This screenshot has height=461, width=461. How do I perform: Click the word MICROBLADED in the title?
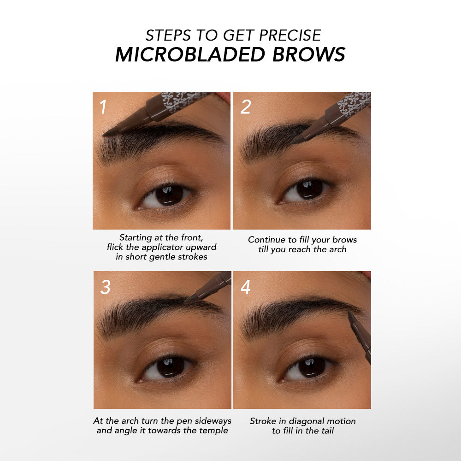coord(190,54)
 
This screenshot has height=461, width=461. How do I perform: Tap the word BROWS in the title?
coord(309,54)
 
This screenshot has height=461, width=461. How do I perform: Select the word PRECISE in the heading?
coord(290,35)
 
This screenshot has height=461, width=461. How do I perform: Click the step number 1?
coord(103,106)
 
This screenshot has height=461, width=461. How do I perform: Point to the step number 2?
coord(246,106)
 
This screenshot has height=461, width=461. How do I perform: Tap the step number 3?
coord(105,287)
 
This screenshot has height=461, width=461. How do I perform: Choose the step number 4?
coord(246,287)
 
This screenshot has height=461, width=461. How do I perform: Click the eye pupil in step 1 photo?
coord(169,195)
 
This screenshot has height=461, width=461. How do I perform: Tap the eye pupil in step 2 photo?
coord(309,189)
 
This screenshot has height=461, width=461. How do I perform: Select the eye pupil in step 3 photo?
coord(170,367)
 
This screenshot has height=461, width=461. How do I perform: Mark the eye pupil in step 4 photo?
coord(311,367)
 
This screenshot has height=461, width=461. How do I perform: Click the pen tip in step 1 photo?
coord(104,135)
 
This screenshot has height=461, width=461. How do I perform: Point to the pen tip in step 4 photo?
coord(349,311)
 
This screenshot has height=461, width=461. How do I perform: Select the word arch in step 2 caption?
coord(338,249)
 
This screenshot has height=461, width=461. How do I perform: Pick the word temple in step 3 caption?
coord(214,431)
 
